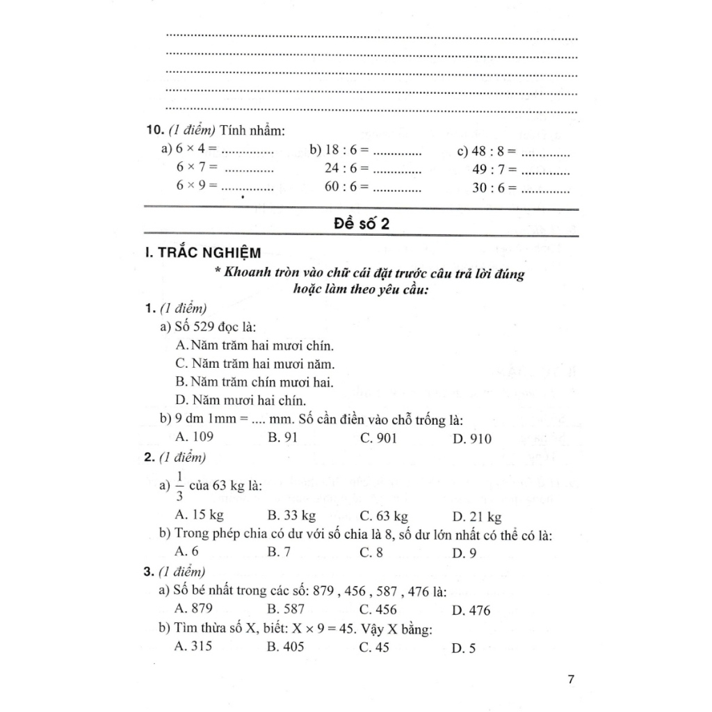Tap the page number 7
pos(570,679)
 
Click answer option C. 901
pos(379,438)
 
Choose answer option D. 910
pos(471,439)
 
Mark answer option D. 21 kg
pos(476,517)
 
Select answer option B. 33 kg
pos(291,516)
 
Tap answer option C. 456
pos(379,610)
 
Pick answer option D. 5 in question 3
pos(463,649)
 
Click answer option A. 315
pos(195,647)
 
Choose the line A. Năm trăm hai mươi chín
pos(256,346)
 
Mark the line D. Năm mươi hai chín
pos(241,400)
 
